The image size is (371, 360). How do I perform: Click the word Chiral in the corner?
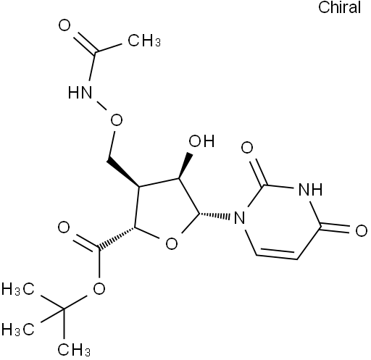click(339, 7)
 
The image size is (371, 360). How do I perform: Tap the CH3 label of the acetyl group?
click(144, 40)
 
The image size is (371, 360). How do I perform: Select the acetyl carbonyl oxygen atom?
click(64, 25)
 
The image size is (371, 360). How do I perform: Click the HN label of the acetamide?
click(80, 92)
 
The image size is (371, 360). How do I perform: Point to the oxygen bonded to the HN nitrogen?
click(117, 120)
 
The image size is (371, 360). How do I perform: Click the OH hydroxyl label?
click(201, 141)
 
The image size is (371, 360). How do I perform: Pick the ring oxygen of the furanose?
click(172, 243)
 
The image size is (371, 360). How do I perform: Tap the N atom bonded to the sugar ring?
click(239, 217)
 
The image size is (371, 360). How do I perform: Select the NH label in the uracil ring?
click(310, 189)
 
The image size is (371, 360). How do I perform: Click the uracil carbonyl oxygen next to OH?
click(247, 147)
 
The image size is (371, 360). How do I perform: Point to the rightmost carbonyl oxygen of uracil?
click(362, 230)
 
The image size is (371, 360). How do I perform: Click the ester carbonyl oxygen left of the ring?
click(64, 227)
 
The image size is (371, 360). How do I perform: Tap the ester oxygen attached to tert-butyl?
click(99, 288)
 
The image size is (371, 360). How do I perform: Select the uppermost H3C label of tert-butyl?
click(18, 289)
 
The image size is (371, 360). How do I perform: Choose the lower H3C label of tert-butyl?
click(18, 330)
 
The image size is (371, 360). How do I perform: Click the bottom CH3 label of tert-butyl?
click(74, 350)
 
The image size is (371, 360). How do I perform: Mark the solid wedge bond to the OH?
click(185, 166)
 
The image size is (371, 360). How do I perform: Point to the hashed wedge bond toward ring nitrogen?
click(214, 215)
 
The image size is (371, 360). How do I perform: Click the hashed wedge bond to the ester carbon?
click(117, 238)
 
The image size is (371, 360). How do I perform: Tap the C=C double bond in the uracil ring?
click(277, 254)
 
